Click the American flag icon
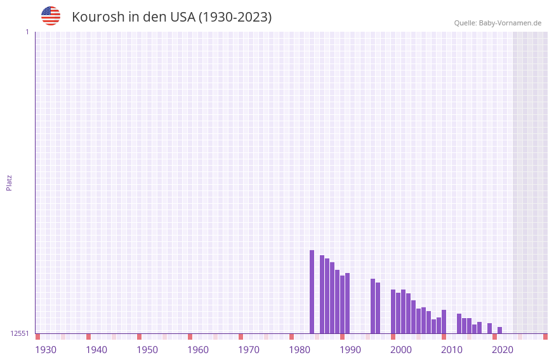pyautogui.click(x=51, y=16)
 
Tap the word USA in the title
pyautogui.click(x=182, y=17)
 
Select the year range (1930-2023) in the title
pyautogui.click(x=235, y=17)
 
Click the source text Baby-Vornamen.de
pyautogui.click(x=510, y=23)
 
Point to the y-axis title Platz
pyautogui.click(x=9, y=182)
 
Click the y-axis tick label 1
pyautogui.click(x=27, y=32)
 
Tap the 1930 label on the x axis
pyautogui.click(x=46, y=350)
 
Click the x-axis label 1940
pyautogui.click(x=96, y=350)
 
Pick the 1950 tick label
pyautogui.click(x=147, y=350)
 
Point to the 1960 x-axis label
pyautogui.click(x=198, y=350)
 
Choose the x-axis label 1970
pyautogui.click(x=249, y=350)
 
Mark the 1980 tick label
pyautogui.click(x=300, y=350)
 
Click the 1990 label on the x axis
pyautogui.click(x=350, y=350)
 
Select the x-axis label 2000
pyautogui.click(x=401, y=350)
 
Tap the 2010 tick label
pyautogui.click(x=452, y=350)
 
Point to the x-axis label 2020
pyautogui.click(x=503, y=350)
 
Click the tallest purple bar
pyautogui.click(x=312, y=292)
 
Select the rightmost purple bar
pyautogui.click(x=500, y=330)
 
